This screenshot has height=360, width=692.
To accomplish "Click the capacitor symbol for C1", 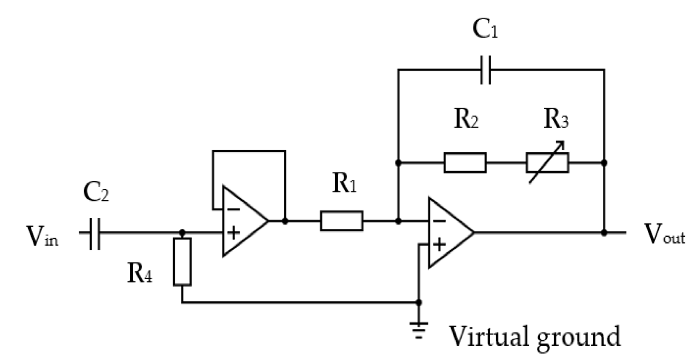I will point(486,70).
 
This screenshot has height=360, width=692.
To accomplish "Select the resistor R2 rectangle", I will point(465,163).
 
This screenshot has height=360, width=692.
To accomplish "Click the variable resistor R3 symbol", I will point(547,163).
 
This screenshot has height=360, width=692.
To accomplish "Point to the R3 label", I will point(556,119).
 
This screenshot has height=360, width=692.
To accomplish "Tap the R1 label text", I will point(344,184).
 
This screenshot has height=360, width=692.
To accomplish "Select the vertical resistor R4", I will point(182,262).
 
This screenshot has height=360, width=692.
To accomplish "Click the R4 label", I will point(140,273).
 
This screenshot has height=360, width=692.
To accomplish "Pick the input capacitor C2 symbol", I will point(95,232).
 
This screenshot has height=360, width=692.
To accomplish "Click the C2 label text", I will point(96,193).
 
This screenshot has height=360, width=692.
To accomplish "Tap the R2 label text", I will point(466,119).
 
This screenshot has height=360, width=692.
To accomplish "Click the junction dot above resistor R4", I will point(182,232).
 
